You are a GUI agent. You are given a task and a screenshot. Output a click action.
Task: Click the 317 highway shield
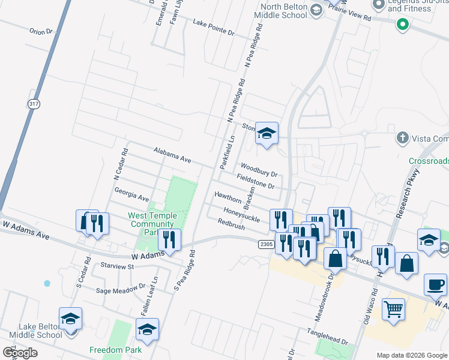[x=34, y=103]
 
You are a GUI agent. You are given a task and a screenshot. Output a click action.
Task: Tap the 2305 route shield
[x=267, y=244]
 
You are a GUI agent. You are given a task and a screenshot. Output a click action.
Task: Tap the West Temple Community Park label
[x=152, y=224]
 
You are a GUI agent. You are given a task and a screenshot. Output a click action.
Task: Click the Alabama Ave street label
[x=172, y=155]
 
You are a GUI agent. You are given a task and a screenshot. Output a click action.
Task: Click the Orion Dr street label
[x=41, y=31]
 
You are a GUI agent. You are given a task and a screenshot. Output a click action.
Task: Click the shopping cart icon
[x=393, y=310]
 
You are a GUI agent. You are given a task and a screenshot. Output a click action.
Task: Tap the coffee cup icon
[x=435, y=284]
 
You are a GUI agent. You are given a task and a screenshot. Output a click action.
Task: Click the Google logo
[x=20, y=352]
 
